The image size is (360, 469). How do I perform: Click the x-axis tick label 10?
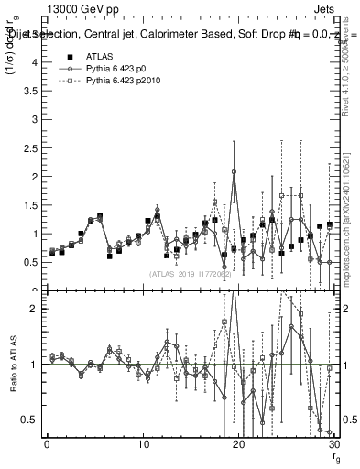point(143,445)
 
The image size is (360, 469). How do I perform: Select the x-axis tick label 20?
point(239,445)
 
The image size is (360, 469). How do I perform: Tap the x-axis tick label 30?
point(333,445)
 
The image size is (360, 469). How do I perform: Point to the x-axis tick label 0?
point(47,445)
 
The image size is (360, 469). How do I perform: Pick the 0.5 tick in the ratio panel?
point(34,420)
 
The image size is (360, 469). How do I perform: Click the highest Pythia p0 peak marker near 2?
point(235,171)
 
